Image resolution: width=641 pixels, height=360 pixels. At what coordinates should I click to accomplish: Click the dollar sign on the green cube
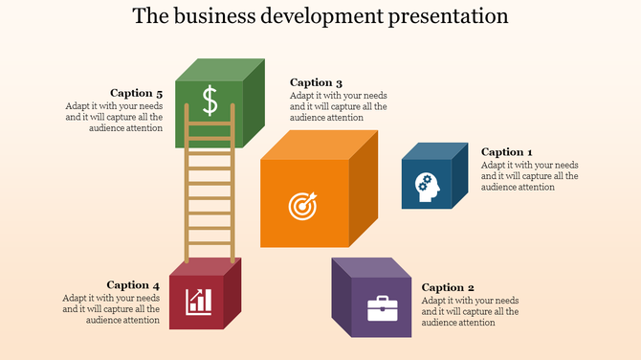coord(210,100)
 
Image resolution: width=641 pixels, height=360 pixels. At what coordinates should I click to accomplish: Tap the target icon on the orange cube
coord(302,205)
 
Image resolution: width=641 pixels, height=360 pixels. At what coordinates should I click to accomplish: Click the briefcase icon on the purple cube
coord(383,310)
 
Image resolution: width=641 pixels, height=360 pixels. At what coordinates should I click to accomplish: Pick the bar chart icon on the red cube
coord(199,302)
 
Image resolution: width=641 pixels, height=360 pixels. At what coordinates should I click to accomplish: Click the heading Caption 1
coord(506,152)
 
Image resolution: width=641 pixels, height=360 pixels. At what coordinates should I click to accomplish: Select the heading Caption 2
coord(448,287)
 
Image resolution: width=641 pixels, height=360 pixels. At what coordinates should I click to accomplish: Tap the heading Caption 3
coord(316,82)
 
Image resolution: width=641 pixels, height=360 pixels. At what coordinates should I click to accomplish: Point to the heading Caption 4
coord(133,284)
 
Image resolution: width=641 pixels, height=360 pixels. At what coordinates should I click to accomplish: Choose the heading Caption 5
coord(137,93)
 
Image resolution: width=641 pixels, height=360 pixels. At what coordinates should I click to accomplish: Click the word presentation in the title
coord(446,16)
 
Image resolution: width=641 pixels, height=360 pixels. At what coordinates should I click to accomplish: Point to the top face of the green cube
coord(219,70)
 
